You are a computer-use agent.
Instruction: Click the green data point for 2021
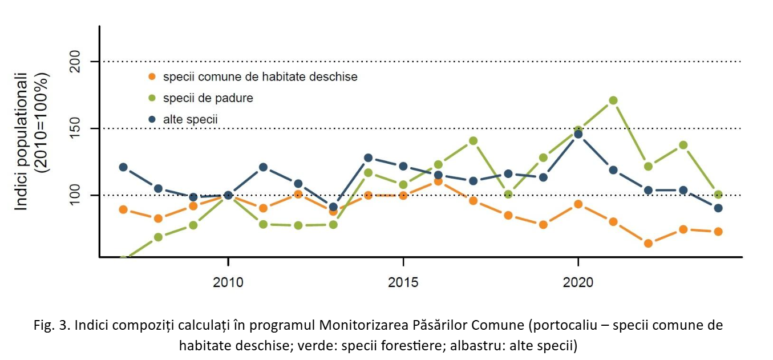pyautogui.click(x=613, y=100)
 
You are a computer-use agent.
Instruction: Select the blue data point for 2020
pyautogui.click(x=578, y=134)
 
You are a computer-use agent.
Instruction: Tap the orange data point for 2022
pyautogui.click(x=648, y=243)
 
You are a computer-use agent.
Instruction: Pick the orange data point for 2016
pyautogui.click(x=438, y=181)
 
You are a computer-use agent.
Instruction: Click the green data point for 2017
pyautogui.click(x=473, y=141)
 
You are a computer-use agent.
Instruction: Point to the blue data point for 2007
pyautogui.click(x=123, y=167)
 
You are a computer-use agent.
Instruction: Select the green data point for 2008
pyautogui.click(x=158, y=237)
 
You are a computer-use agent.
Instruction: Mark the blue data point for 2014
pyautogui.click(x=368, y=157)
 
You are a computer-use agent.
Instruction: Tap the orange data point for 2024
pyautogui.click(x=718, y=232)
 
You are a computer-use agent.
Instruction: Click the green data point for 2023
pyautogui.click(x=683, y=145)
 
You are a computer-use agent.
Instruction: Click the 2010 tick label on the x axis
pyautogui.click(x=228, y=282)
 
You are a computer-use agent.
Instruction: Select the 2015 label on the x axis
pyautogui.click(x=403, y=282)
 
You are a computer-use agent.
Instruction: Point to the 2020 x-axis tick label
pyautogui.click(x=578, y=282)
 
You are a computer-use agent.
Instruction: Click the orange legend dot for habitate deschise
pyautogui.click(x=151, y=76)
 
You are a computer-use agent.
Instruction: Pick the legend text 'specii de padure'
pyautogui.click(x=208, y=98)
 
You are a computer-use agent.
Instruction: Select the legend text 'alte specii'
pyautogui.click(x=190, y=119)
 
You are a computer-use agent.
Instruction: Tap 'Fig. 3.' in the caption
pyautogui.click(x=54, y=326)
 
